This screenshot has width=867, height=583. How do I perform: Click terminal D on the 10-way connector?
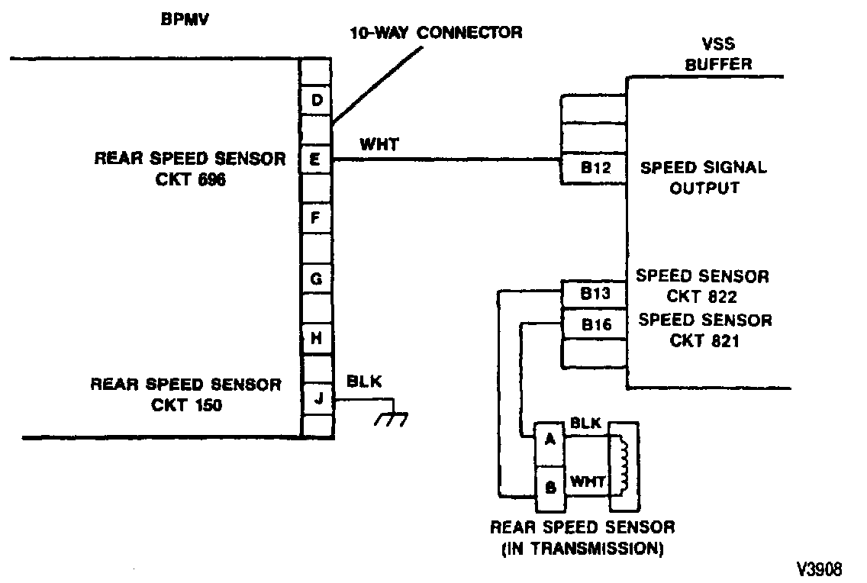(316, 100)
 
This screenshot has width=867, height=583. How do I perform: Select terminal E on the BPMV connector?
(316, 159)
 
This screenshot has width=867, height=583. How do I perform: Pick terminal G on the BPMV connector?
(316, 279)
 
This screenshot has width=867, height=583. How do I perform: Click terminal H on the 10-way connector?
(316, 338)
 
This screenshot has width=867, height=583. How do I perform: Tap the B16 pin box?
(593, 324)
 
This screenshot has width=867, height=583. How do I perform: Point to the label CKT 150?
(187, 405)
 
